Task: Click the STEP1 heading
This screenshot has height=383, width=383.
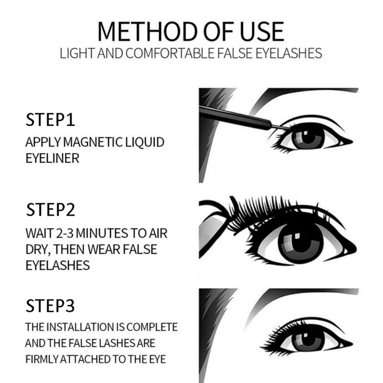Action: point(50,120)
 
